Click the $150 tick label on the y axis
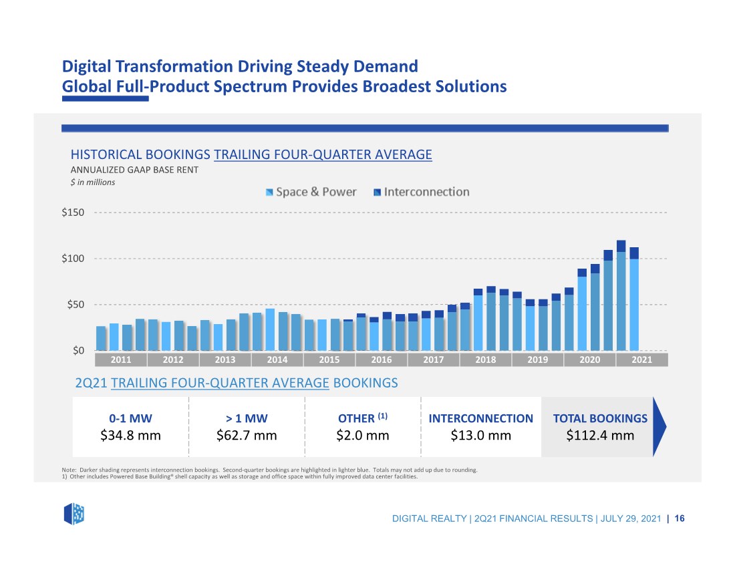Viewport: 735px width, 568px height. click(x=73, y=212)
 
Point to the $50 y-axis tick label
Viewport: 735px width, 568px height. click(x=76, y=305)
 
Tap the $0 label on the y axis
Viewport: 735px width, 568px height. click(x=78, y=351)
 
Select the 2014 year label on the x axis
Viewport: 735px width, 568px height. click(x=277, y=360)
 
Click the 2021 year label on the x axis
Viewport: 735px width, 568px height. click(x=641, y=360)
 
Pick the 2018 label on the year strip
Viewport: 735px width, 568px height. click(x=485, y=360)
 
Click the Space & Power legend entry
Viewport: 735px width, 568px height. click(x=311, y=192)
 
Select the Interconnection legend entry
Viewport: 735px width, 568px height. click(x=422, y=192)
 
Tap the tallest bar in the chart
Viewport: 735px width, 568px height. click(x=621, y=295)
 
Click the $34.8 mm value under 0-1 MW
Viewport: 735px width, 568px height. click(x=130, y=436)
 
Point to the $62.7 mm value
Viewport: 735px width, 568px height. click(x=247, y=436)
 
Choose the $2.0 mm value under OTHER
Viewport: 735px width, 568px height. click(x=363, y=436)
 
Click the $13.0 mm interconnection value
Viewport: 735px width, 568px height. click(x=481, y=436)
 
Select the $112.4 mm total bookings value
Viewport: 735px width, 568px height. click(x=600, y=436)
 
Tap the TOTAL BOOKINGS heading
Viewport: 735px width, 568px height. click(x=600, y=418)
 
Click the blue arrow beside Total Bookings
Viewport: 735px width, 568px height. click(x=659, y=426)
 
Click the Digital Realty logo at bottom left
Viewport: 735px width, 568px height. click(x=74, y=514)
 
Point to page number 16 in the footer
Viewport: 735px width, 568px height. click(x=680, y=519)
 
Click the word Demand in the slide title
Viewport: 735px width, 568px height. click(x=386, y=66)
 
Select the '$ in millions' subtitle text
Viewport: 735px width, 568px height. click(x=93, y=182)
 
